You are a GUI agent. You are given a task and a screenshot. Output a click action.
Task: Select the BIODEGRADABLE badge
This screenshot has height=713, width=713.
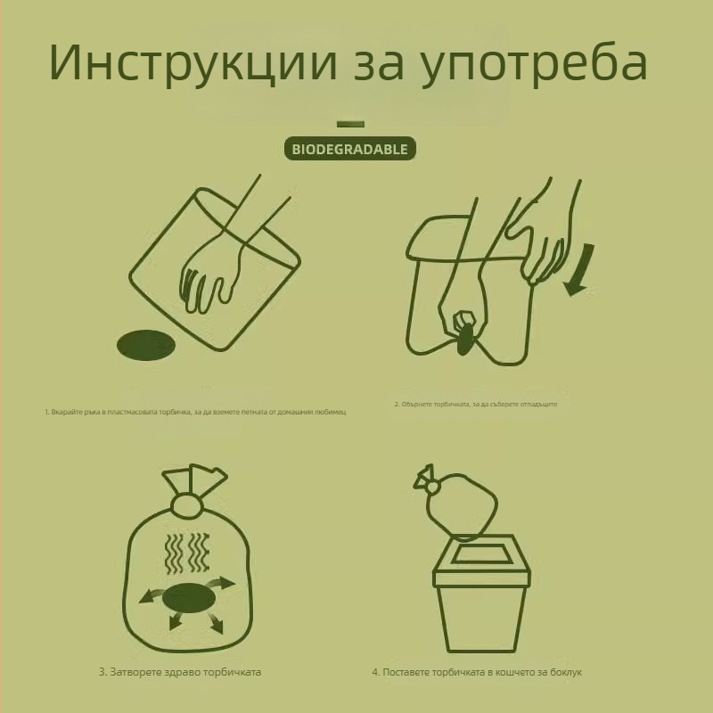coord(350,149)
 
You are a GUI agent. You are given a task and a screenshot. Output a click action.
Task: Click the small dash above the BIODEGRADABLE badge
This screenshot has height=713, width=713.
coord(350,124)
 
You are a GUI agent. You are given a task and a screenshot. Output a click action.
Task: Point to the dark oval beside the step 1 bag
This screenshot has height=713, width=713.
coord(147,345)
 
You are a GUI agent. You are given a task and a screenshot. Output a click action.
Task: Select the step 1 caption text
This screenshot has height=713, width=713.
coord(195,413)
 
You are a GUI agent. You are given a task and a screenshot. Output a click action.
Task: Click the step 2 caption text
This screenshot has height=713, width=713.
coord(476,404)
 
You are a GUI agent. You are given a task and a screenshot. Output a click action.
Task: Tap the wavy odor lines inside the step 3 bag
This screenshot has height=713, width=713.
coord(188,553)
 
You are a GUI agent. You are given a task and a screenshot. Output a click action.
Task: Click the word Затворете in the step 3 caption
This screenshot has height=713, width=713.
coord(135,671)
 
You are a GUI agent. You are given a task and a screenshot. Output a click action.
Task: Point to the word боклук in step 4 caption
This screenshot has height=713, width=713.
coord(564,671)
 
